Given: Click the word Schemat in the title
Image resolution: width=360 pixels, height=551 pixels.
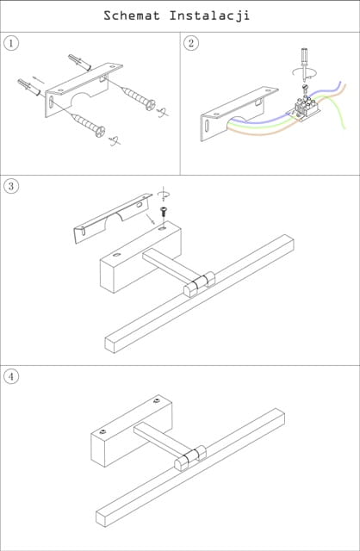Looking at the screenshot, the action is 132,15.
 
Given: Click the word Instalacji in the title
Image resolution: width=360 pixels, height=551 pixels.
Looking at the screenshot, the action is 209,16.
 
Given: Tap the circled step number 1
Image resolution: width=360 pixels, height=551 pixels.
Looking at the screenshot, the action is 11,43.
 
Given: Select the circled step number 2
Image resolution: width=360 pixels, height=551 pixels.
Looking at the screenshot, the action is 191,43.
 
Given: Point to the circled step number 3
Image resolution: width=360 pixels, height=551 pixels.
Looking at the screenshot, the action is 11,186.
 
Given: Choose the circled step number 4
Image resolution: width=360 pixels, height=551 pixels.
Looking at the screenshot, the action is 11,376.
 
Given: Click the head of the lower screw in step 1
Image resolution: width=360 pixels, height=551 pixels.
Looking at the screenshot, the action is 100,132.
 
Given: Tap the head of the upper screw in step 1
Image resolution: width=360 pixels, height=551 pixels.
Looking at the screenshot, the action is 151,105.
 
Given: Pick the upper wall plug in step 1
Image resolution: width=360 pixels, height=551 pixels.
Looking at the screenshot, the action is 80,62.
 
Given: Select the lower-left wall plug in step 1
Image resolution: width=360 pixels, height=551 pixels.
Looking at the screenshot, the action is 29,88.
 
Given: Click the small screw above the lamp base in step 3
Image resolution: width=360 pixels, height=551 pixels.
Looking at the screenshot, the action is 164,213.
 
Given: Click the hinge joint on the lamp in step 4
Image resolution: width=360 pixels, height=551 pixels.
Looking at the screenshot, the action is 190,458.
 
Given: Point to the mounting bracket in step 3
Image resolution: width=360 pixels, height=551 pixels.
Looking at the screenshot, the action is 113,218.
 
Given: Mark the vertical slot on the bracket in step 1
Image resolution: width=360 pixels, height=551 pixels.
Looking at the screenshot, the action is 52,103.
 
